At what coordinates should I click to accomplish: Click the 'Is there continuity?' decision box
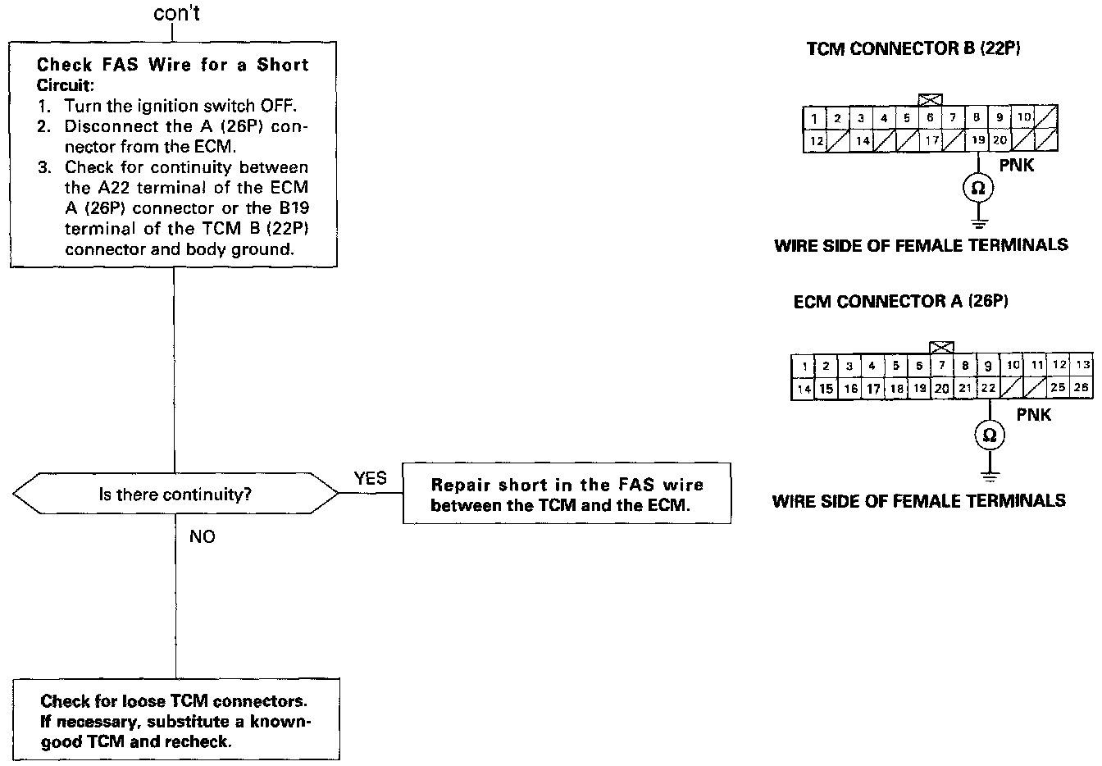[x=175, y=495]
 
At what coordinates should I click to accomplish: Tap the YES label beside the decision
[x=370, y=478]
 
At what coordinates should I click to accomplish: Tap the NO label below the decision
[x=202, y=538]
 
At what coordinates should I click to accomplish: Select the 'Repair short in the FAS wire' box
[x=567, y=495]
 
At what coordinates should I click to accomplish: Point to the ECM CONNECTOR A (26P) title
[x=900, y=302]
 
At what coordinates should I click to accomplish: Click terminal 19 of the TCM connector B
[x=977, y=141]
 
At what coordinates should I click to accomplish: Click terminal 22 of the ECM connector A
[x=989, y=388]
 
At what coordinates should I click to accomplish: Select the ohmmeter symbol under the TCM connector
[x=977, y=189]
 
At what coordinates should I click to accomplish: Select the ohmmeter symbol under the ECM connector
[x=990, y=435]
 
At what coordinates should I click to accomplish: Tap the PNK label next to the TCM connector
[x=1017, y=166]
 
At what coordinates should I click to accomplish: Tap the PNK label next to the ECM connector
[x=1033, y=415]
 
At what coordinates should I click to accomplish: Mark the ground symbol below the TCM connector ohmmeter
[x=977, y=221]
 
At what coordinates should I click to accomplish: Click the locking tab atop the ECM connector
[x=942, y=348]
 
